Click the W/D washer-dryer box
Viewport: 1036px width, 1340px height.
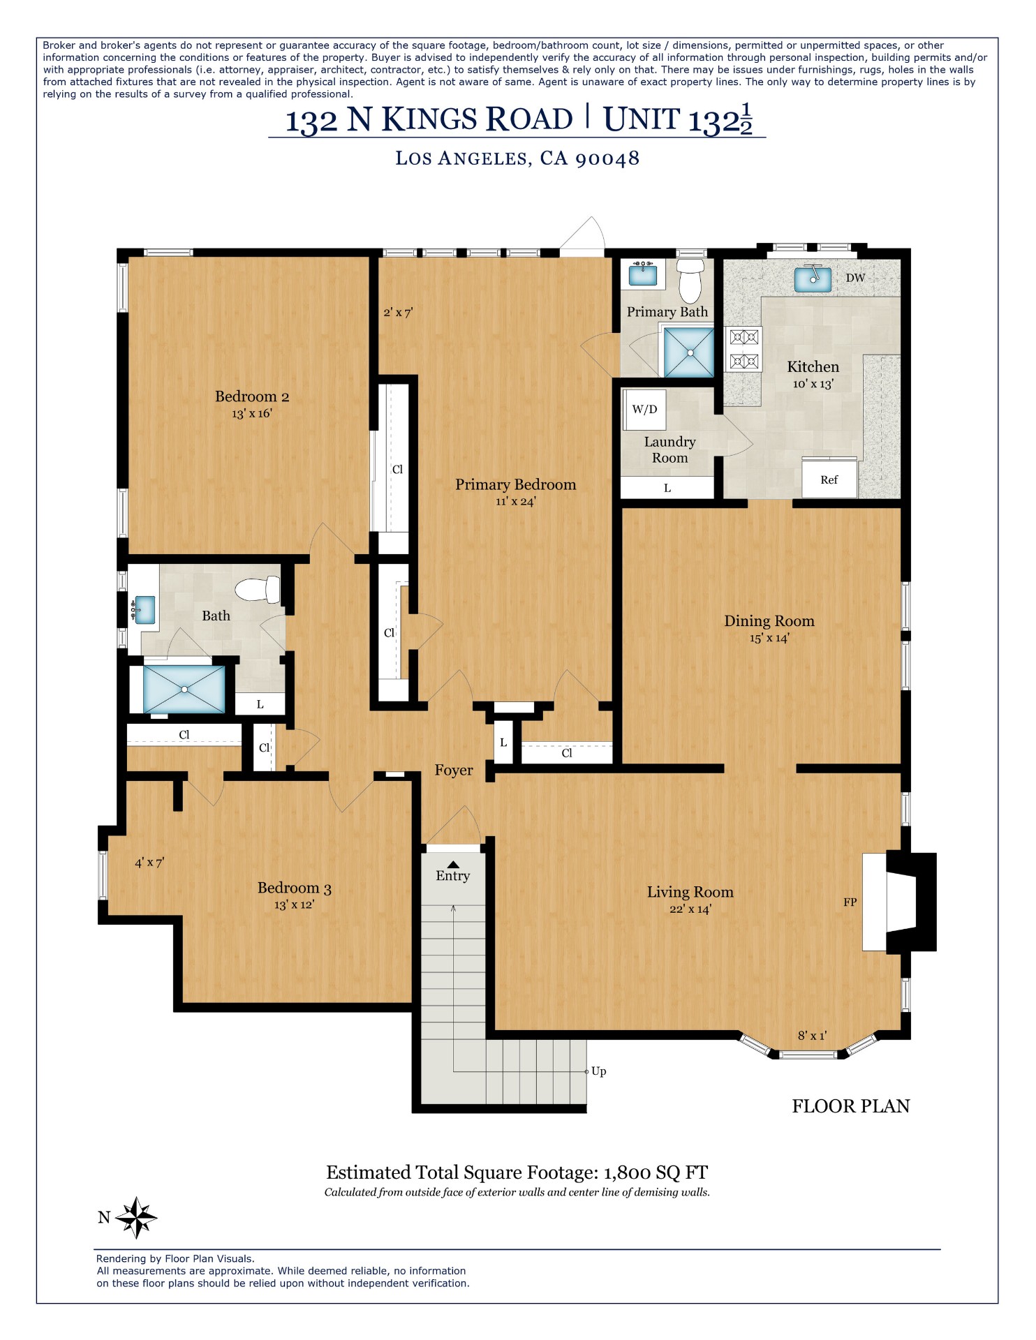coord(644,410)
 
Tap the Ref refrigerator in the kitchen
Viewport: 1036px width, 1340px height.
coord(829,479)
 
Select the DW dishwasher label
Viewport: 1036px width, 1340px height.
coord(855,278)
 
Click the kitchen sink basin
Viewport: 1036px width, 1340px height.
coord(813,279)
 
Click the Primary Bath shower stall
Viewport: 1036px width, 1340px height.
coord(689,352)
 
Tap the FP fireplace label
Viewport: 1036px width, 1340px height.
coord(850,902)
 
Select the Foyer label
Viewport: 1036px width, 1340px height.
coord(454,770)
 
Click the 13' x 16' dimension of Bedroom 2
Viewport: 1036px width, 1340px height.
coord(252,413)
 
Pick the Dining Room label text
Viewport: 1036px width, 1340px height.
coord(769,620)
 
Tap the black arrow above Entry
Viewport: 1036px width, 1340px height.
coord(453,864)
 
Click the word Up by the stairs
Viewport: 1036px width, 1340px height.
coord(598,1071)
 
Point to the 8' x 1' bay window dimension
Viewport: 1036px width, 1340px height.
coord(812,1036)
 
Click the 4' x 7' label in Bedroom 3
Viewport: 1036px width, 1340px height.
coord(149,863)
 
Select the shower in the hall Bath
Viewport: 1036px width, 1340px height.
coord(184,689)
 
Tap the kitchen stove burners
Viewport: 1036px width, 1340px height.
coord(743,349)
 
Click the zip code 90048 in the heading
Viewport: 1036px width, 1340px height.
coord(607,158)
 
